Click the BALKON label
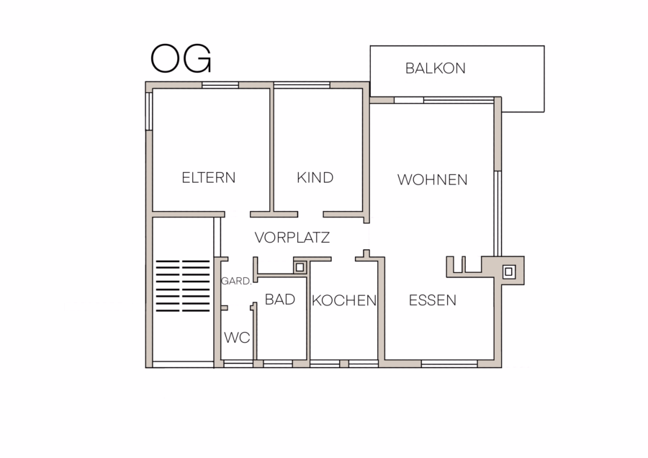click(435, 68)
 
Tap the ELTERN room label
click(209, 178)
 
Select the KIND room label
click(315, 178)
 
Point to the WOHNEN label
click(432, 180)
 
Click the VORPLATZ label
click(292, 238)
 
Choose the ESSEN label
click(432, 300)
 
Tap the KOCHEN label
click(344, 300)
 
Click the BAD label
click(280, 300)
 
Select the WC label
click(237, 338)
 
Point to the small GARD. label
click(236, 282)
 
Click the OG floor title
click(181, 58)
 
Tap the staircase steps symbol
click(183, 286)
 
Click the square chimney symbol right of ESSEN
click(509, 271)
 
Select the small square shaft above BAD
click(300, 267)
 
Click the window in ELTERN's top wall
click(220, 85)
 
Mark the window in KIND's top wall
click(302, 85)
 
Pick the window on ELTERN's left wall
click(149, 111)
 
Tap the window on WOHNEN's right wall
click(498, 213)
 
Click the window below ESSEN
click(449, 364)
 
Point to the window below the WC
click(238, 364)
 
